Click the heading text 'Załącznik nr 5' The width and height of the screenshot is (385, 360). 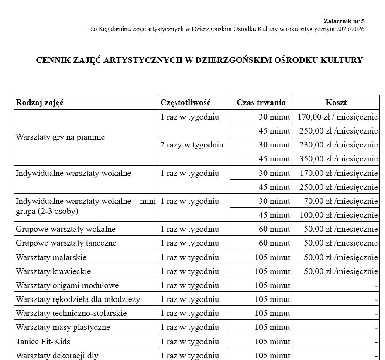pyautogui.click(x=344, y=21)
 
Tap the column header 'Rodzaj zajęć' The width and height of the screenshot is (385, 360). pyautogui.click(x=40, y=103)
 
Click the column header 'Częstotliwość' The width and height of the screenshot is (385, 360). pyautogui.click(x=186, y=103)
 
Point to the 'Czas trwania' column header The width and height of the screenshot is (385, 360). pyautogui.click(x=261, y=103)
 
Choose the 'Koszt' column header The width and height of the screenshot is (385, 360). pyautogui.click(x=336, y=103)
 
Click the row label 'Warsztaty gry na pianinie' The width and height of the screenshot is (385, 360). pyautogui.click(x=60, y=137)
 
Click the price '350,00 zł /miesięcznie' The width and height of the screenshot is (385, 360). pyautogui.click(x=338, y=159)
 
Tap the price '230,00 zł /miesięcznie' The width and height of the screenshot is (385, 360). pyautogui.click(x=338, y=145)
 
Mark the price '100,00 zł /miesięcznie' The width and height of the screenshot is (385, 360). pyautogui.click(x=338, y=215)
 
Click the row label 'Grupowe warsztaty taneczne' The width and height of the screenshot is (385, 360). pyautogui.click(x=66, y=243)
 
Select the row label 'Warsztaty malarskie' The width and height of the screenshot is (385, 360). pyautogui.click(x=51, y=257)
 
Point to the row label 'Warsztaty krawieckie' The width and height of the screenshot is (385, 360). pyautogui.click(x=53, y=271)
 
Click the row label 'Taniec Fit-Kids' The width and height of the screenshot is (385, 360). pyautogui.click(x=43, y=341)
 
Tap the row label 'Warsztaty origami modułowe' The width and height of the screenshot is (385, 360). pyautogui.click(x=67, y=285)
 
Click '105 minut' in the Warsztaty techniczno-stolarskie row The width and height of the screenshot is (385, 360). pyautogui.click(x=272, y=313)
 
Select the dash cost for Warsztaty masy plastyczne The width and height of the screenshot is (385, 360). pyautogui.click(x=376, y=328)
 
